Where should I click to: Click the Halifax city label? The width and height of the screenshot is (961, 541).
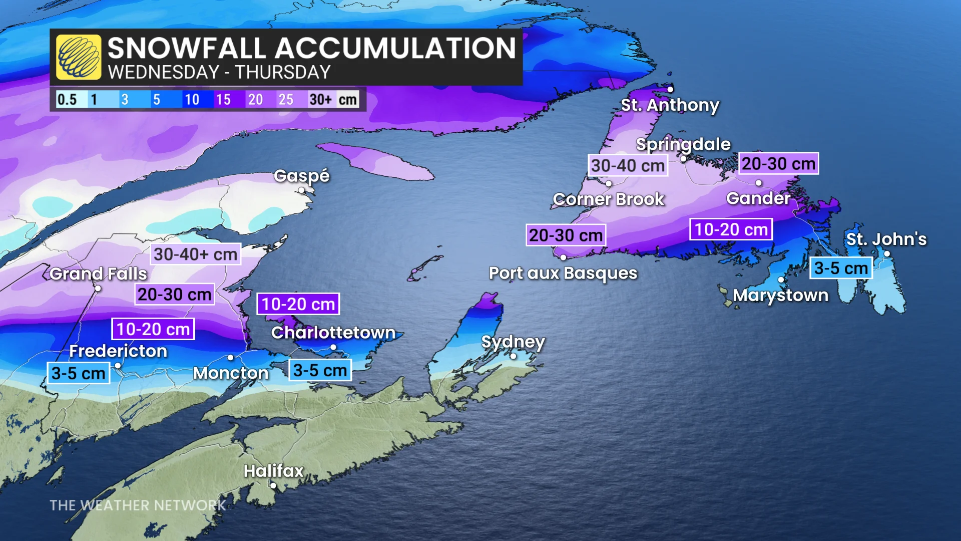(x=273, y=471)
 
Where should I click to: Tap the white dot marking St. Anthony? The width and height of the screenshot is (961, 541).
(x=670, y=90)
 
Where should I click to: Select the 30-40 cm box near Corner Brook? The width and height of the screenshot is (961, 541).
(x=628, y=166)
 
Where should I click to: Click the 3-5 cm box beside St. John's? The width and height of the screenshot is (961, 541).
(x=841, y=268)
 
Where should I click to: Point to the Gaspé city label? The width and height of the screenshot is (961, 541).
(x=301, y=176)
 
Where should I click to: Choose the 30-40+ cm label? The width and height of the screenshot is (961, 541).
(x=195, y=254)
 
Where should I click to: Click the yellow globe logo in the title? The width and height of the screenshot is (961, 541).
(x=79, y=57)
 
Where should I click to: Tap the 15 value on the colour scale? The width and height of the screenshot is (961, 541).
(x=223, y=100)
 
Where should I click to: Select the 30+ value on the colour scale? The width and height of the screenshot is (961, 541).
(x=320, y=100)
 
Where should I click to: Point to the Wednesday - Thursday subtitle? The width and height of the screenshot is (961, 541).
(x=219, y=73)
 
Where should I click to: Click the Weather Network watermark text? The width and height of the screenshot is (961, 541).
(x=138, y=505)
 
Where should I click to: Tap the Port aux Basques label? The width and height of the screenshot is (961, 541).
(x=563, y=274)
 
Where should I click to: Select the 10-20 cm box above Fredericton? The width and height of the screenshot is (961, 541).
(x=153, y=329)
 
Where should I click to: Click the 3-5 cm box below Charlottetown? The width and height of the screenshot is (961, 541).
(x=320, y=371)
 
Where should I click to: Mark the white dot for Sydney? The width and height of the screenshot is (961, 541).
(x=513, y=356)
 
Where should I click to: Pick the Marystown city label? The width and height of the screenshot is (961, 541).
(x=780, y=296)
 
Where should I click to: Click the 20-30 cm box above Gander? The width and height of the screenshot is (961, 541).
(x=778, y=164)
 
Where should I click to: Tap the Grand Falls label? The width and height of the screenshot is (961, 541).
(x=98, y=274)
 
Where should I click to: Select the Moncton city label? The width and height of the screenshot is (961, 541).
(x=231, y=373)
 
